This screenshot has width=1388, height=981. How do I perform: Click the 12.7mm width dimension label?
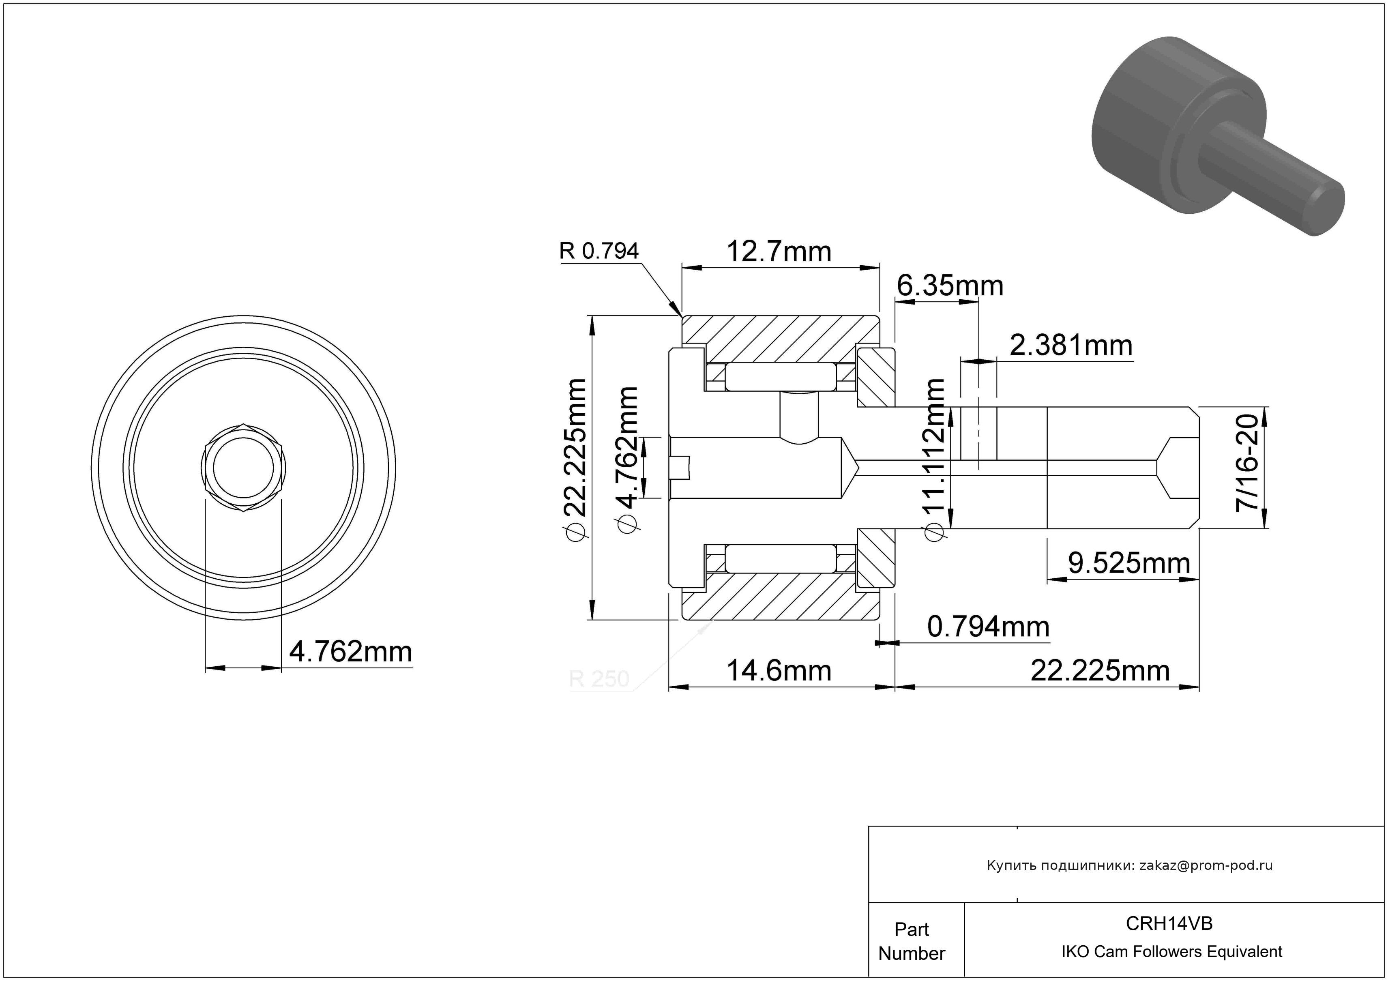coord(779,251)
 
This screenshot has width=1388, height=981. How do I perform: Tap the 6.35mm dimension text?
coord(950,285)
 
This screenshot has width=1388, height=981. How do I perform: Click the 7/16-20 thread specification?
coord(1247,464)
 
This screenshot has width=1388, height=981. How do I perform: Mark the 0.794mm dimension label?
coord(989,627)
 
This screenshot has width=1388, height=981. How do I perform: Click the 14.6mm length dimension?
coord(779,671)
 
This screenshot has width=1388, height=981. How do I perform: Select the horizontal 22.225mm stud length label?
coord(1100,671)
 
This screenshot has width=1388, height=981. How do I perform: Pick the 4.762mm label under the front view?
coord(351,652)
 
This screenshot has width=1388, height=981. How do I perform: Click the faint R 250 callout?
coord(599,679)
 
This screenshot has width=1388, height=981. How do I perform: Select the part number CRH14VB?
coord(1169,923)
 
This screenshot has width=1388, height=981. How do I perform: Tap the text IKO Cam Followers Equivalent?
coord(1171,951)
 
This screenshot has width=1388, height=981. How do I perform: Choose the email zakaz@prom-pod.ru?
coord(1206,865)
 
